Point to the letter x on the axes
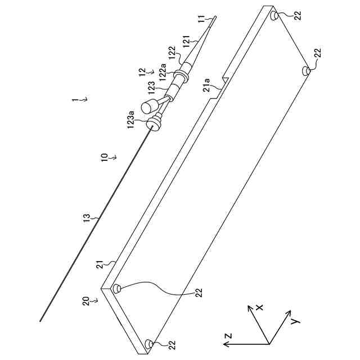[259, 307]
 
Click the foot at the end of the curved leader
[118, 289]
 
